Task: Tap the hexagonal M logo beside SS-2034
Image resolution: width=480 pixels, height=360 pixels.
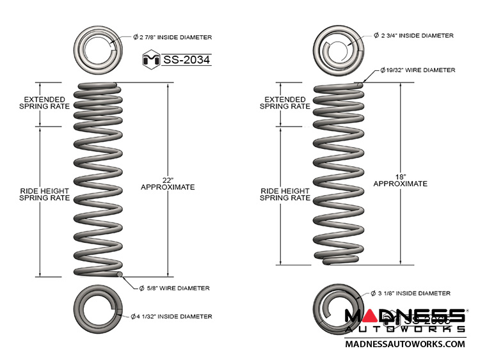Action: [x=150, y=60]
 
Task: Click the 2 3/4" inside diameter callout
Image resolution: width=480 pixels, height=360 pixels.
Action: [x=413, y=36]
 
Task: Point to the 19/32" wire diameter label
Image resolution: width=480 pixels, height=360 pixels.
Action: [x=417, y=69]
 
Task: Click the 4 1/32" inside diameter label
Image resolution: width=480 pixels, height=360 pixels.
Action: [x=172, y=316]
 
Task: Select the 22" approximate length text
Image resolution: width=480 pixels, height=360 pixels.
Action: [x=168, y=182]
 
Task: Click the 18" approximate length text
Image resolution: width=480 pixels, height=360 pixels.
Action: [x=400, y=179]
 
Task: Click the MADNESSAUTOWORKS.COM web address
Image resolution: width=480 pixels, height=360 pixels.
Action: [x=404, y=344]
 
